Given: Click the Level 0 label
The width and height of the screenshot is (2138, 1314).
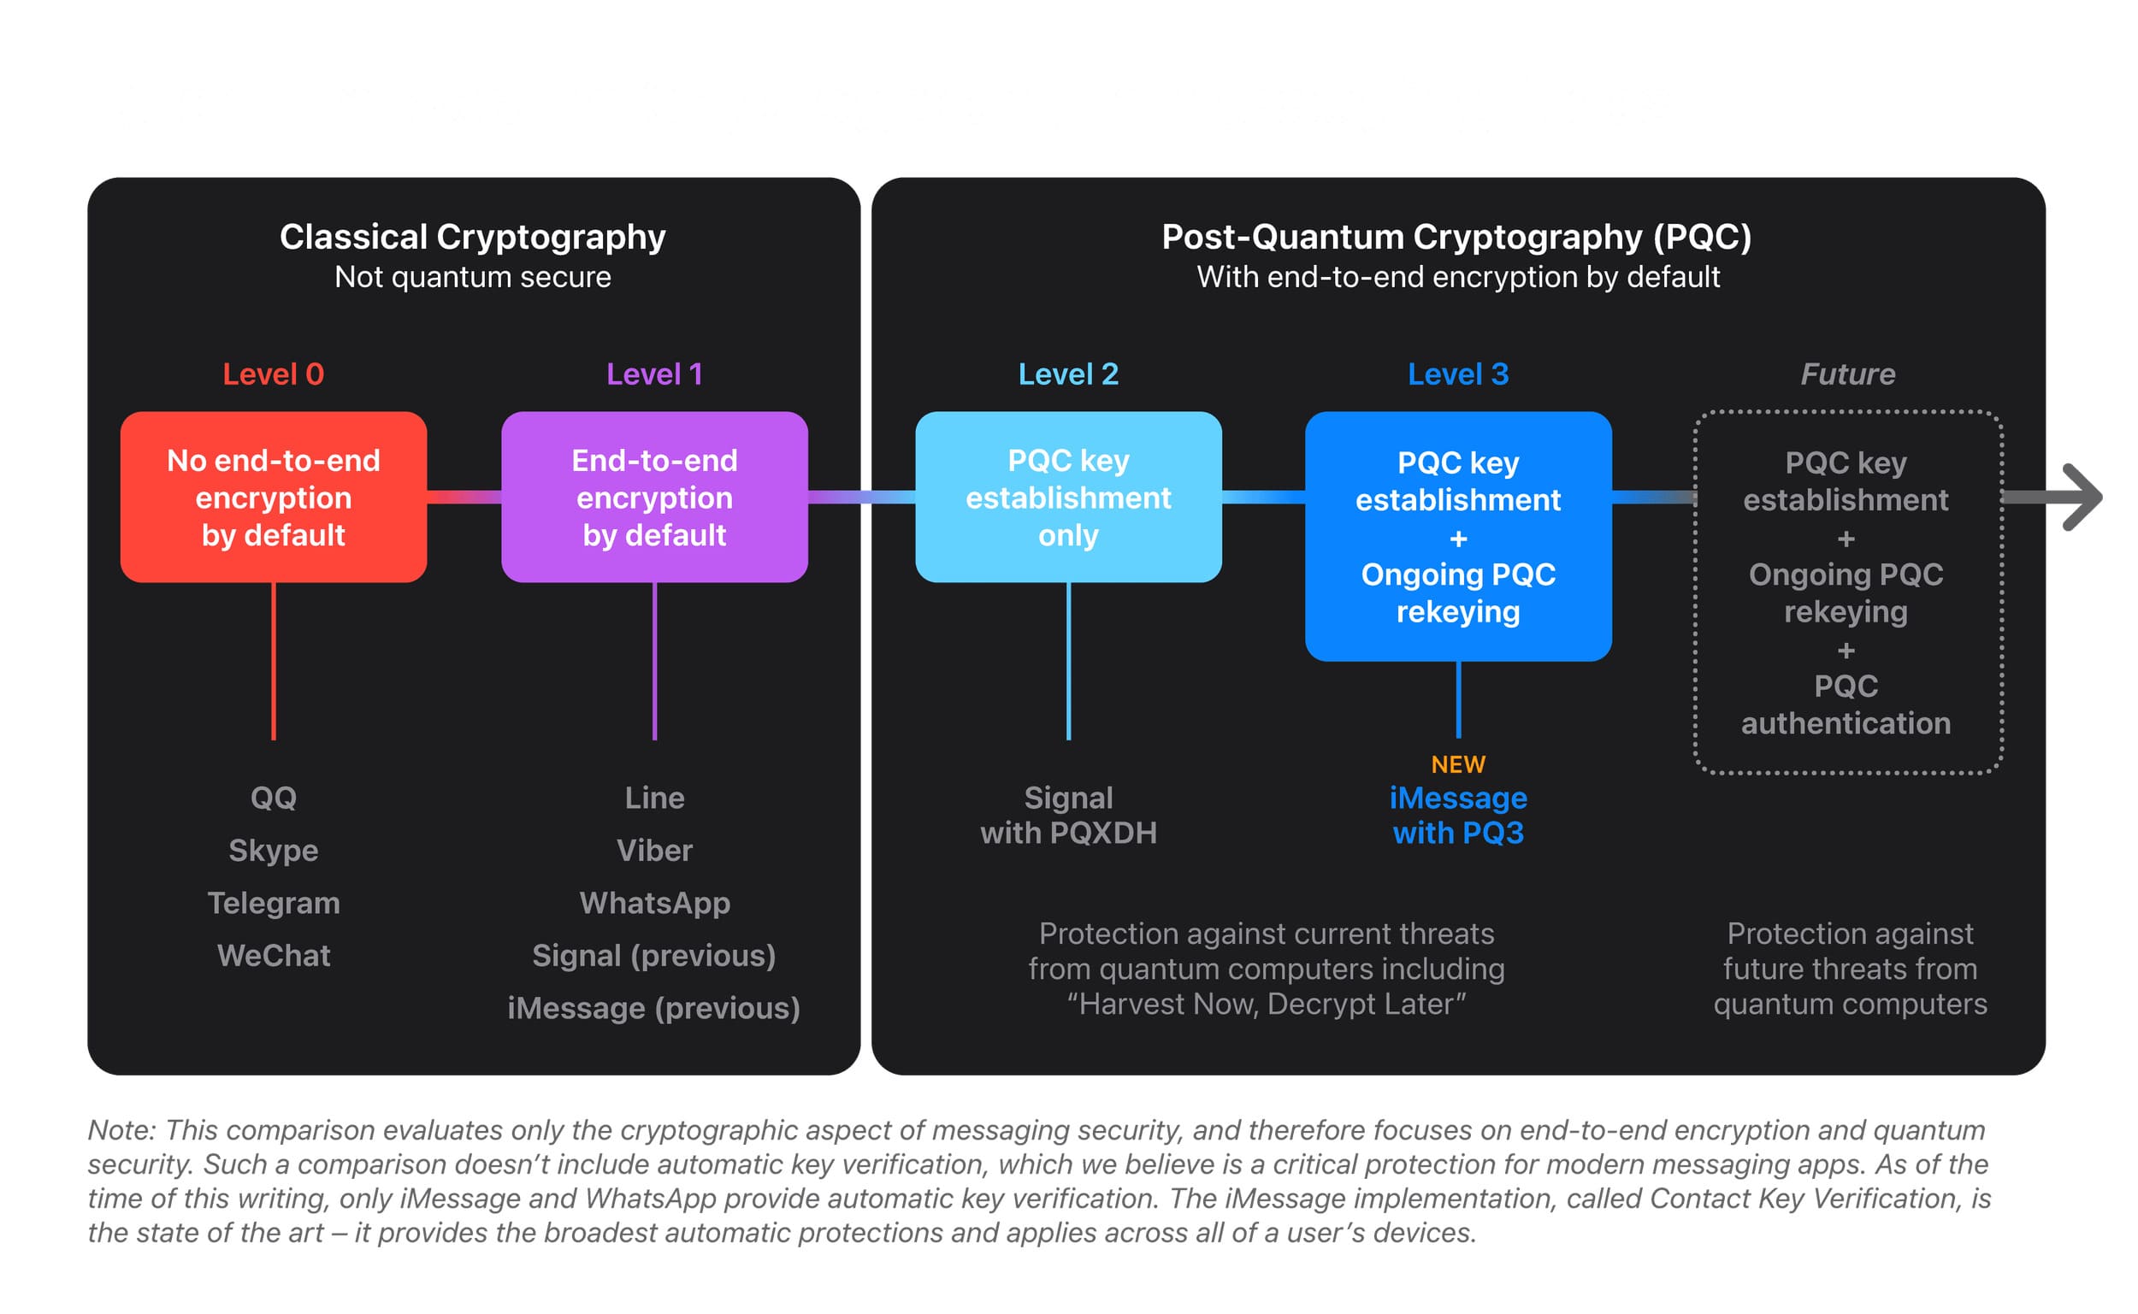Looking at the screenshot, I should (273, 374).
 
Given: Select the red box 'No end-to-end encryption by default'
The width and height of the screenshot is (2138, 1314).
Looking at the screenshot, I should (273, 497).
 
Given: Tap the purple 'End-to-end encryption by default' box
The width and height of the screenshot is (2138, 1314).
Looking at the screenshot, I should (654, 497).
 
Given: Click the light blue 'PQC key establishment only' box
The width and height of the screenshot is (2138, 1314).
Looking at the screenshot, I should (1068, 497).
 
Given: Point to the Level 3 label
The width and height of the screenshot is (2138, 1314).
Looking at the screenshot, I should (1457, 374).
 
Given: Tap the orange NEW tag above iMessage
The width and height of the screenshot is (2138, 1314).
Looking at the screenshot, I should (1457, 764).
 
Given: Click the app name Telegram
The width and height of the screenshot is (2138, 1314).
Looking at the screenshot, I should (273, 903).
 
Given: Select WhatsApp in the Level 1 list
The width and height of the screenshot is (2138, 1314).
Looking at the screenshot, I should (654, 903).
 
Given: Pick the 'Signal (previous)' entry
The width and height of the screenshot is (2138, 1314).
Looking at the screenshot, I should (654, 956).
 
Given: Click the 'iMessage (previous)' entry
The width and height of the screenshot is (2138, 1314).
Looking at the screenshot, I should (654, 1008).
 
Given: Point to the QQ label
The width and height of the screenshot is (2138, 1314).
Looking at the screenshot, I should (273, 798).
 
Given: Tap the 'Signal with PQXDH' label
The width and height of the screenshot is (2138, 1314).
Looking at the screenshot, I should (1068, 816).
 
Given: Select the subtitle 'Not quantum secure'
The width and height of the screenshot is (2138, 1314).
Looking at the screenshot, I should (472, 277).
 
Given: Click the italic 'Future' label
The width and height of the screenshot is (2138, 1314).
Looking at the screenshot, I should (1847, 374).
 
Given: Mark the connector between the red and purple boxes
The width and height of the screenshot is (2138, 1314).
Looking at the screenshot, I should (464, 497).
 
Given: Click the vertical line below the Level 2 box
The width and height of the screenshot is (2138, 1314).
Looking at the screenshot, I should (1068, 661).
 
